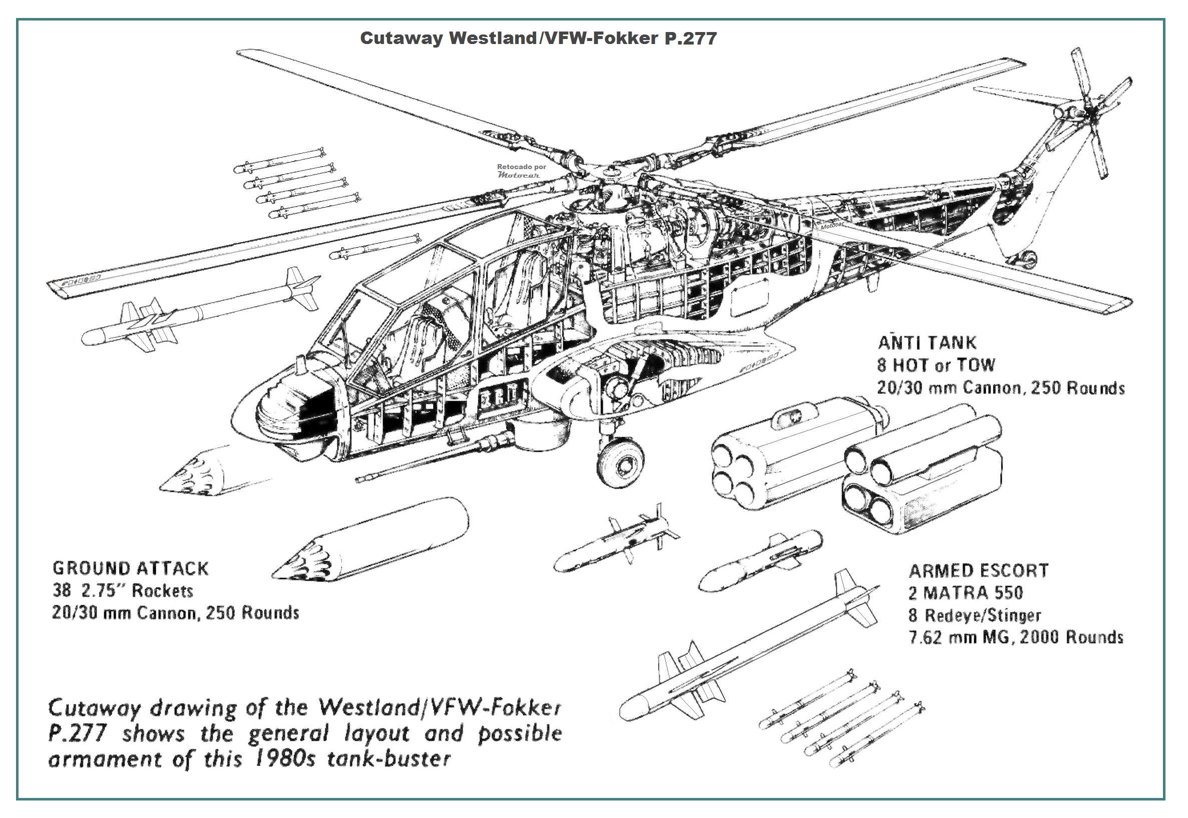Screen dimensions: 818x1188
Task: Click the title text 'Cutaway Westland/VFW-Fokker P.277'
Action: (x=538, y=39)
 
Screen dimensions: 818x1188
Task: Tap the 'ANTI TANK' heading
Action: (x=927, y=342)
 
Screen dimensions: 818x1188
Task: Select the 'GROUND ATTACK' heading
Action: (x=131, y=568)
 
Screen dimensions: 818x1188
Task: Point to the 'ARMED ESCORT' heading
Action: (x=978, y=570)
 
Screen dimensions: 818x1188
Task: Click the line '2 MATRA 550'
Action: (x=966, y=593)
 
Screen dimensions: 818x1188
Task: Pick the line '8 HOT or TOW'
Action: (x=935, y=365)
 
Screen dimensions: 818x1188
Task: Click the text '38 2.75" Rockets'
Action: (x=123, y=590)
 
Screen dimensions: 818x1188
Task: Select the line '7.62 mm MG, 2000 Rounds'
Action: (x=1016, y=637)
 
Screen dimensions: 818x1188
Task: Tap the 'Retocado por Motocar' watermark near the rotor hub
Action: (x=521, y=171)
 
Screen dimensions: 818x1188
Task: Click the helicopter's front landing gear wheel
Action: (x=621, y=463)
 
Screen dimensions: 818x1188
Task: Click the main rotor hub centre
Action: (x=611, y=174)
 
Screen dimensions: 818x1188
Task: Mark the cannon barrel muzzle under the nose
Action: (x=360, y=479)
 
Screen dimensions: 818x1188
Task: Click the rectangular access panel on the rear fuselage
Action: (x=749, y=301)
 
